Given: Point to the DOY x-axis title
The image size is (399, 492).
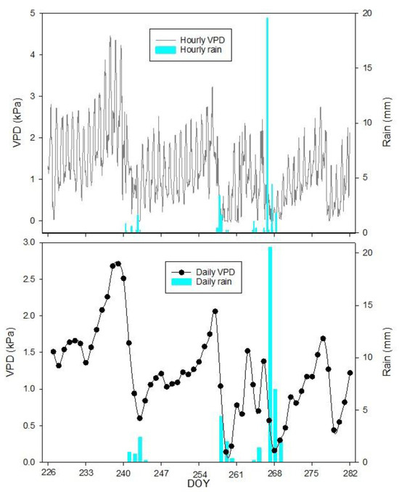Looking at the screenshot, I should [x=199, y=483].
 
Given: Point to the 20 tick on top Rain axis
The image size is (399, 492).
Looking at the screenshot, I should [x=366, y=13].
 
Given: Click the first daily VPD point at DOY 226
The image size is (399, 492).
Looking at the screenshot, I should [x=53, y=352].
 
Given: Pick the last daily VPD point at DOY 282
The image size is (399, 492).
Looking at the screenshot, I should [x=350, y=373].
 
